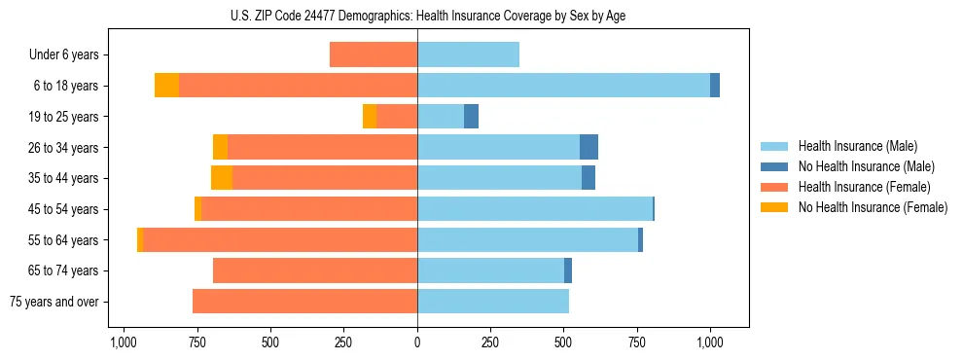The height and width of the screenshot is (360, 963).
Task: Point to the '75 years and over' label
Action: click(53, 302)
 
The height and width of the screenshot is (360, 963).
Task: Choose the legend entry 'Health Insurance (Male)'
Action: click(857, 146)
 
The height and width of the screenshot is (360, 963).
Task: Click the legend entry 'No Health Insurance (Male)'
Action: click(866, 166)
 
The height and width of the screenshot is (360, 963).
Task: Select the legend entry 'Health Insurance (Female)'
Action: click(864, 187)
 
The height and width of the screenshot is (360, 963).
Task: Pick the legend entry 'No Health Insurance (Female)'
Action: click(873, 207)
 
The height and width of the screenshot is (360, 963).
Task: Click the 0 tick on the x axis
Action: click(417, 342)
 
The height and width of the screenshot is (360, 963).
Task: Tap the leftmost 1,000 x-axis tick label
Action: click(123, 342)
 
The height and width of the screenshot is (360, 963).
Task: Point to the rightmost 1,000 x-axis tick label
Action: click(710, 342)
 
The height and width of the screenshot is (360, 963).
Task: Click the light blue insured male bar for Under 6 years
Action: click(468, 54)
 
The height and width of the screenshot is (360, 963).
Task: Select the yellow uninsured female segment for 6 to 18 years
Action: click(166, 86)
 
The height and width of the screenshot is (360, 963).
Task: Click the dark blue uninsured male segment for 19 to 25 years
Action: click(471, 117)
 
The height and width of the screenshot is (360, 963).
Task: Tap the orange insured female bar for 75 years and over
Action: click(304, 302)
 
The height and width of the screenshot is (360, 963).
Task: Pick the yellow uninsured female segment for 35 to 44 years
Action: click(222, 178)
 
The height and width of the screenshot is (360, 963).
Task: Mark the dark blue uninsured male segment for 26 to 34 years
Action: click(588, 147)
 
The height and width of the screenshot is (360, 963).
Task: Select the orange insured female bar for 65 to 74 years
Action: click(315, 270)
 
